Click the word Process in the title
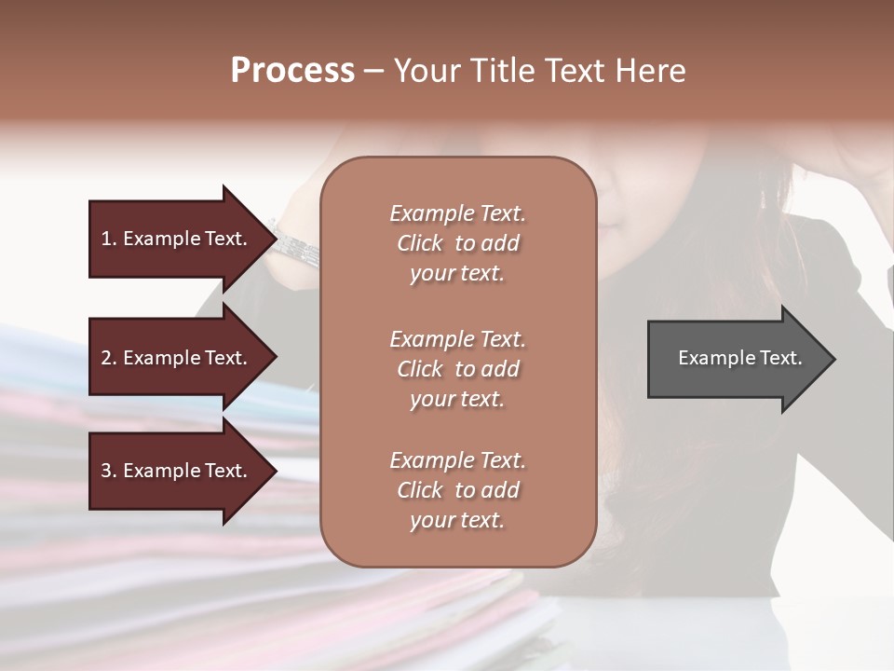click(x=292, y=71)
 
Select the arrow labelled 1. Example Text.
click(x=177, y=239)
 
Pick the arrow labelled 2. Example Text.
click(x=177, y=358)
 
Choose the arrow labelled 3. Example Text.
click(x=177, y=471)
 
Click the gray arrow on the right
click(x=736, y=359)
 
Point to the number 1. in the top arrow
click(x=108, y=239)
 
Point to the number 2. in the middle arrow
click(x=108, y=358)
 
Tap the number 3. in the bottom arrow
click(x=108, y=471)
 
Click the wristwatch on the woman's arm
click(x=296, y=245)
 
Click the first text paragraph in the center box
click(x=457, y=243)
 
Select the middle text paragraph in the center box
click(x=457, y=369)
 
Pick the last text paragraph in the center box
click(x=457, y=490)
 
